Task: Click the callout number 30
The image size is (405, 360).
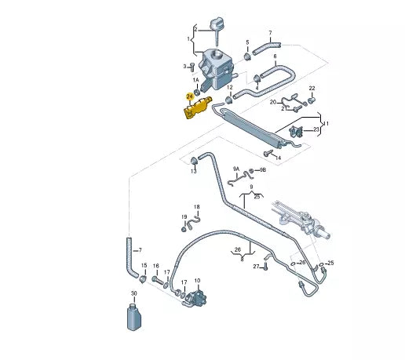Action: [133, 293]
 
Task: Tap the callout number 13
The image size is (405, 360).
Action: [193, 172]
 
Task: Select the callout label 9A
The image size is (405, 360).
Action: [235, 169]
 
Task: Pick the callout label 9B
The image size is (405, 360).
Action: [263, 169]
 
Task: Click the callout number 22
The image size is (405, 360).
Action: [312, 89]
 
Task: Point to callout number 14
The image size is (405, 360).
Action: [278, 158]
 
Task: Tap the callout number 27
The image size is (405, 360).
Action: [256, 267]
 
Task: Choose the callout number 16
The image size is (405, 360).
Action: [156, 266]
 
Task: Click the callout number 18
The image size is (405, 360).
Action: [197, 207]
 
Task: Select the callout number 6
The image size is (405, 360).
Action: [275, 56]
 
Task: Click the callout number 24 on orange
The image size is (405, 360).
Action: [189, 96]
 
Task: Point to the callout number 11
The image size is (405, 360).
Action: [327, 124]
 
